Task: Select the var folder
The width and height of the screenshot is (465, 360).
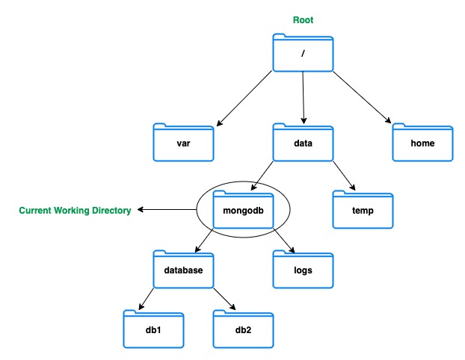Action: click(183, 142)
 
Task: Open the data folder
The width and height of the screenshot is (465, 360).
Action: click(303, 142)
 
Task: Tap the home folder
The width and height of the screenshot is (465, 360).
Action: click(423, 142)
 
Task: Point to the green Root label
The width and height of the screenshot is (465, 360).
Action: click(303, 20)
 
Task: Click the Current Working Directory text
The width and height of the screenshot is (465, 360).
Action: click(75, 211)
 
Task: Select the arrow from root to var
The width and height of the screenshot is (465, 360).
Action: click(244, 97)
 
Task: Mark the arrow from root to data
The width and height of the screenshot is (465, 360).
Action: click(303, 97)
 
